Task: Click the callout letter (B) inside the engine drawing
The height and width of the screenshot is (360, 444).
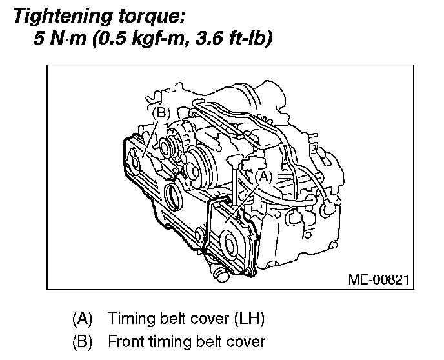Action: coord(161,114)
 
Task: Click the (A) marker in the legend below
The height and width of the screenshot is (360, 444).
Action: coord(82,319)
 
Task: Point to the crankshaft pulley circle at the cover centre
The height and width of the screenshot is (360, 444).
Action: coord(174,193)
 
